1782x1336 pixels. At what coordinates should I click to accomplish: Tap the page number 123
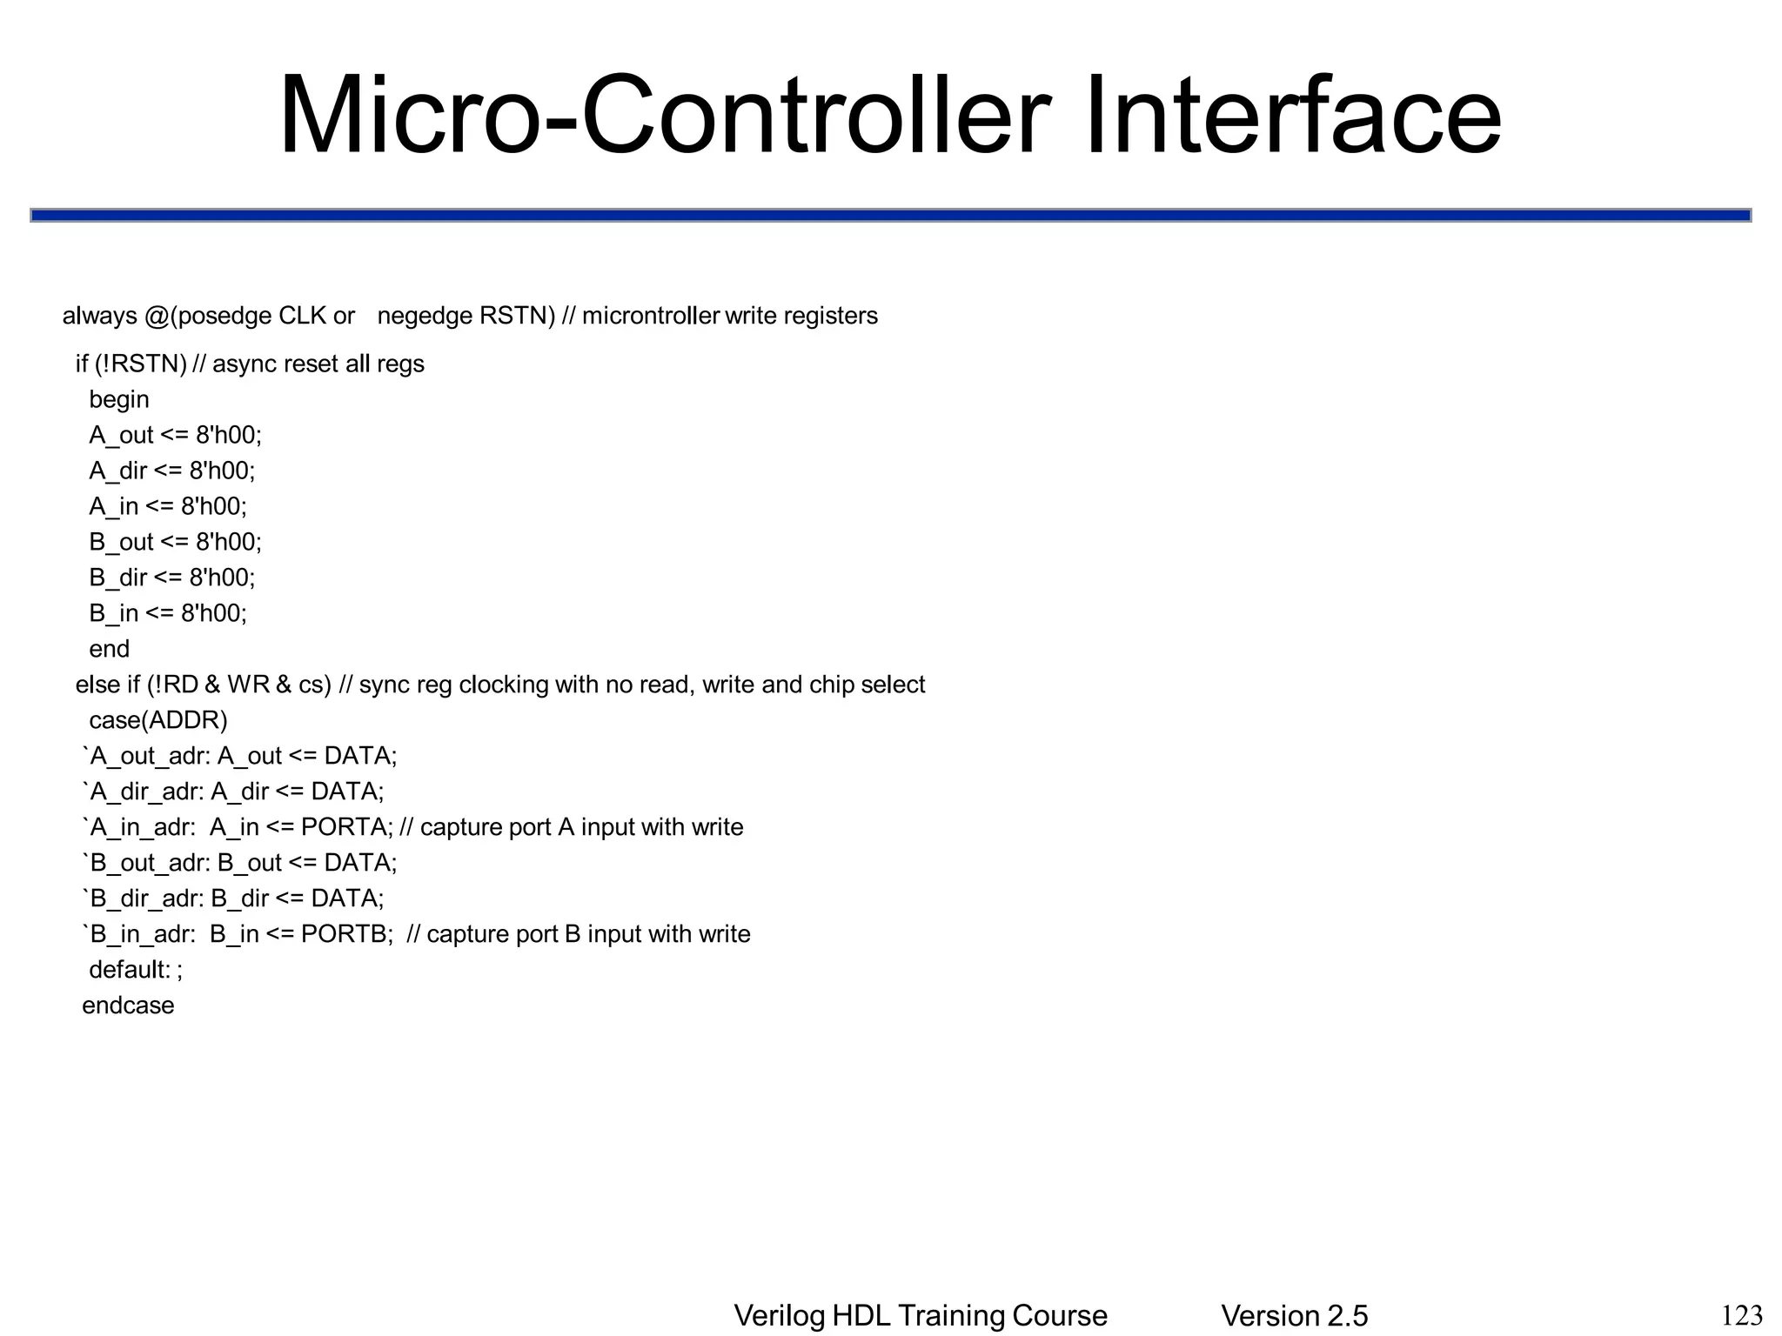(x=1742, y=1314)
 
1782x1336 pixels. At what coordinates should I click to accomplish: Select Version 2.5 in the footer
(x=1294, y=1316)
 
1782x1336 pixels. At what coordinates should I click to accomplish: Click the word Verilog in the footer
(x=779, y=1316)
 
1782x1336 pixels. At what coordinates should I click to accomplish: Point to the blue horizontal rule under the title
(x=890, y=215)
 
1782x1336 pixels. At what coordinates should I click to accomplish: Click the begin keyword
(x=119, y=399)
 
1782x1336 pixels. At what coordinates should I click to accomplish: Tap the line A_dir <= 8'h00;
(x=172, y=471)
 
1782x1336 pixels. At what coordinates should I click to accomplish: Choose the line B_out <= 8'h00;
(x=175, y=542)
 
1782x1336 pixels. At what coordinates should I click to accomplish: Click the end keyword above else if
(x=109, y=649)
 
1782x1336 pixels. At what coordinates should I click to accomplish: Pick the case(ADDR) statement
(x=157, y=720)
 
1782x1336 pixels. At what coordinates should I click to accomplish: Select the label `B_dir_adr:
(x=143, y=898)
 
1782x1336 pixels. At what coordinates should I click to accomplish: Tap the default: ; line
(x=136, y=969)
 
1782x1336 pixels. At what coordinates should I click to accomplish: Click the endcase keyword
(x=128, y=1005)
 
